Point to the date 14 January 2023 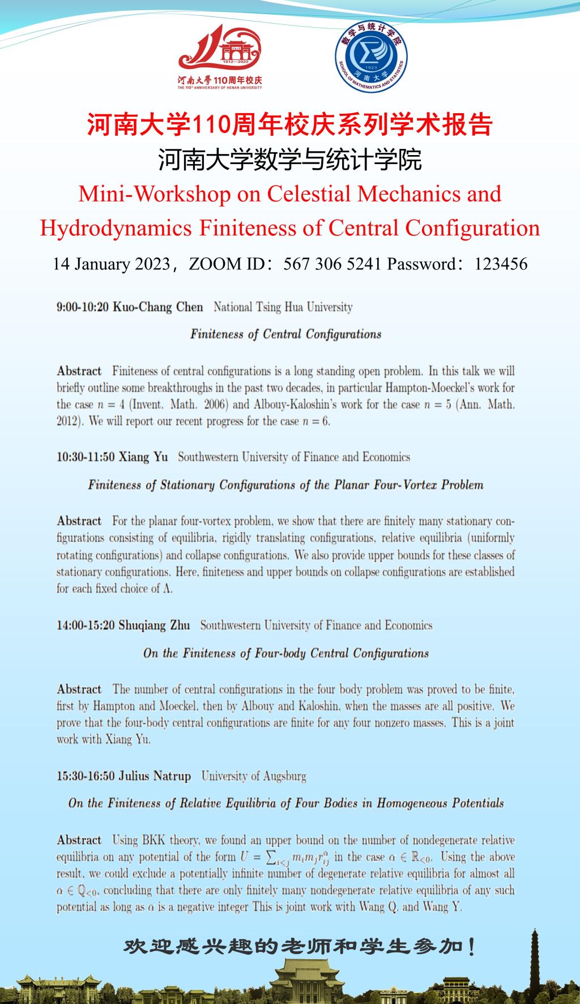pos(111,264)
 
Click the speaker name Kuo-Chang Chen pos(158,307)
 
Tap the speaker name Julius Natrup pos(154,776)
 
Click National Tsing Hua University pos(283,307)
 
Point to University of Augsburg pos(253,776)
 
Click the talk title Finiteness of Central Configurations pos(285,334)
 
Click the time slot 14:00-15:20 pos(86,625)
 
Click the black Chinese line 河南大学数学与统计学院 pos(290,160)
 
